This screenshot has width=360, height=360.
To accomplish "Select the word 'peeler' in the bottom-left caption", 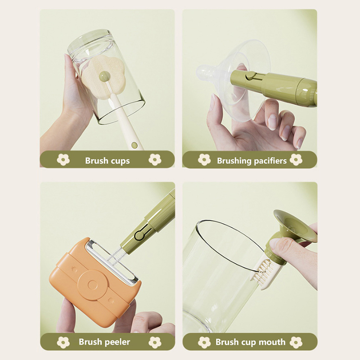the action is click(x=117, y=342).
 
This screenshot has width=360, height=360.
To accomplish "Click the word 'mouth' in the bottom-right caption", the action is click(x=272, y=342).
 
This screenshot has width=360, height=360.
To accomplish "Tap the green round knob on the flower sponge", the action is click(x=104, y=76).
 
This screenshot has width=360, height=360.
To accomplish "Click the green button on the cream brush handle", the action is click(x=135, y=145).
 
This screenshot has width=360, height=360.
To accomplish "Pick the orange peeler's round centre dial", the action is click(x=93, y=285).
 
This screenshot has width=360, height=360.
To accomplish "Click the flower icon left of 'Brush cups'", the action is click(x=63, y=160).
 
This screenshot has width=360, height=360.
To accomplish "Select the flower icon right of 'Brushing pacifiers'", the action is click(x=296, y=160).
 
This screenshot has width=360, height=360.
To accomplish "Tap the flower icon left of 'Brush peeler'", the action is click(x=63, y=342).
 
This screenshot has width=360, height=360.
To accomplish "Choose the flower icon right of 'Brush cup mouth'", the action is click(x=296, y=342).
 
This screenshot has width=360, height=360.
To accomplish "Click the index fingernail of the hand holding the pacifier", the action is click(x=273, y=122).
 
